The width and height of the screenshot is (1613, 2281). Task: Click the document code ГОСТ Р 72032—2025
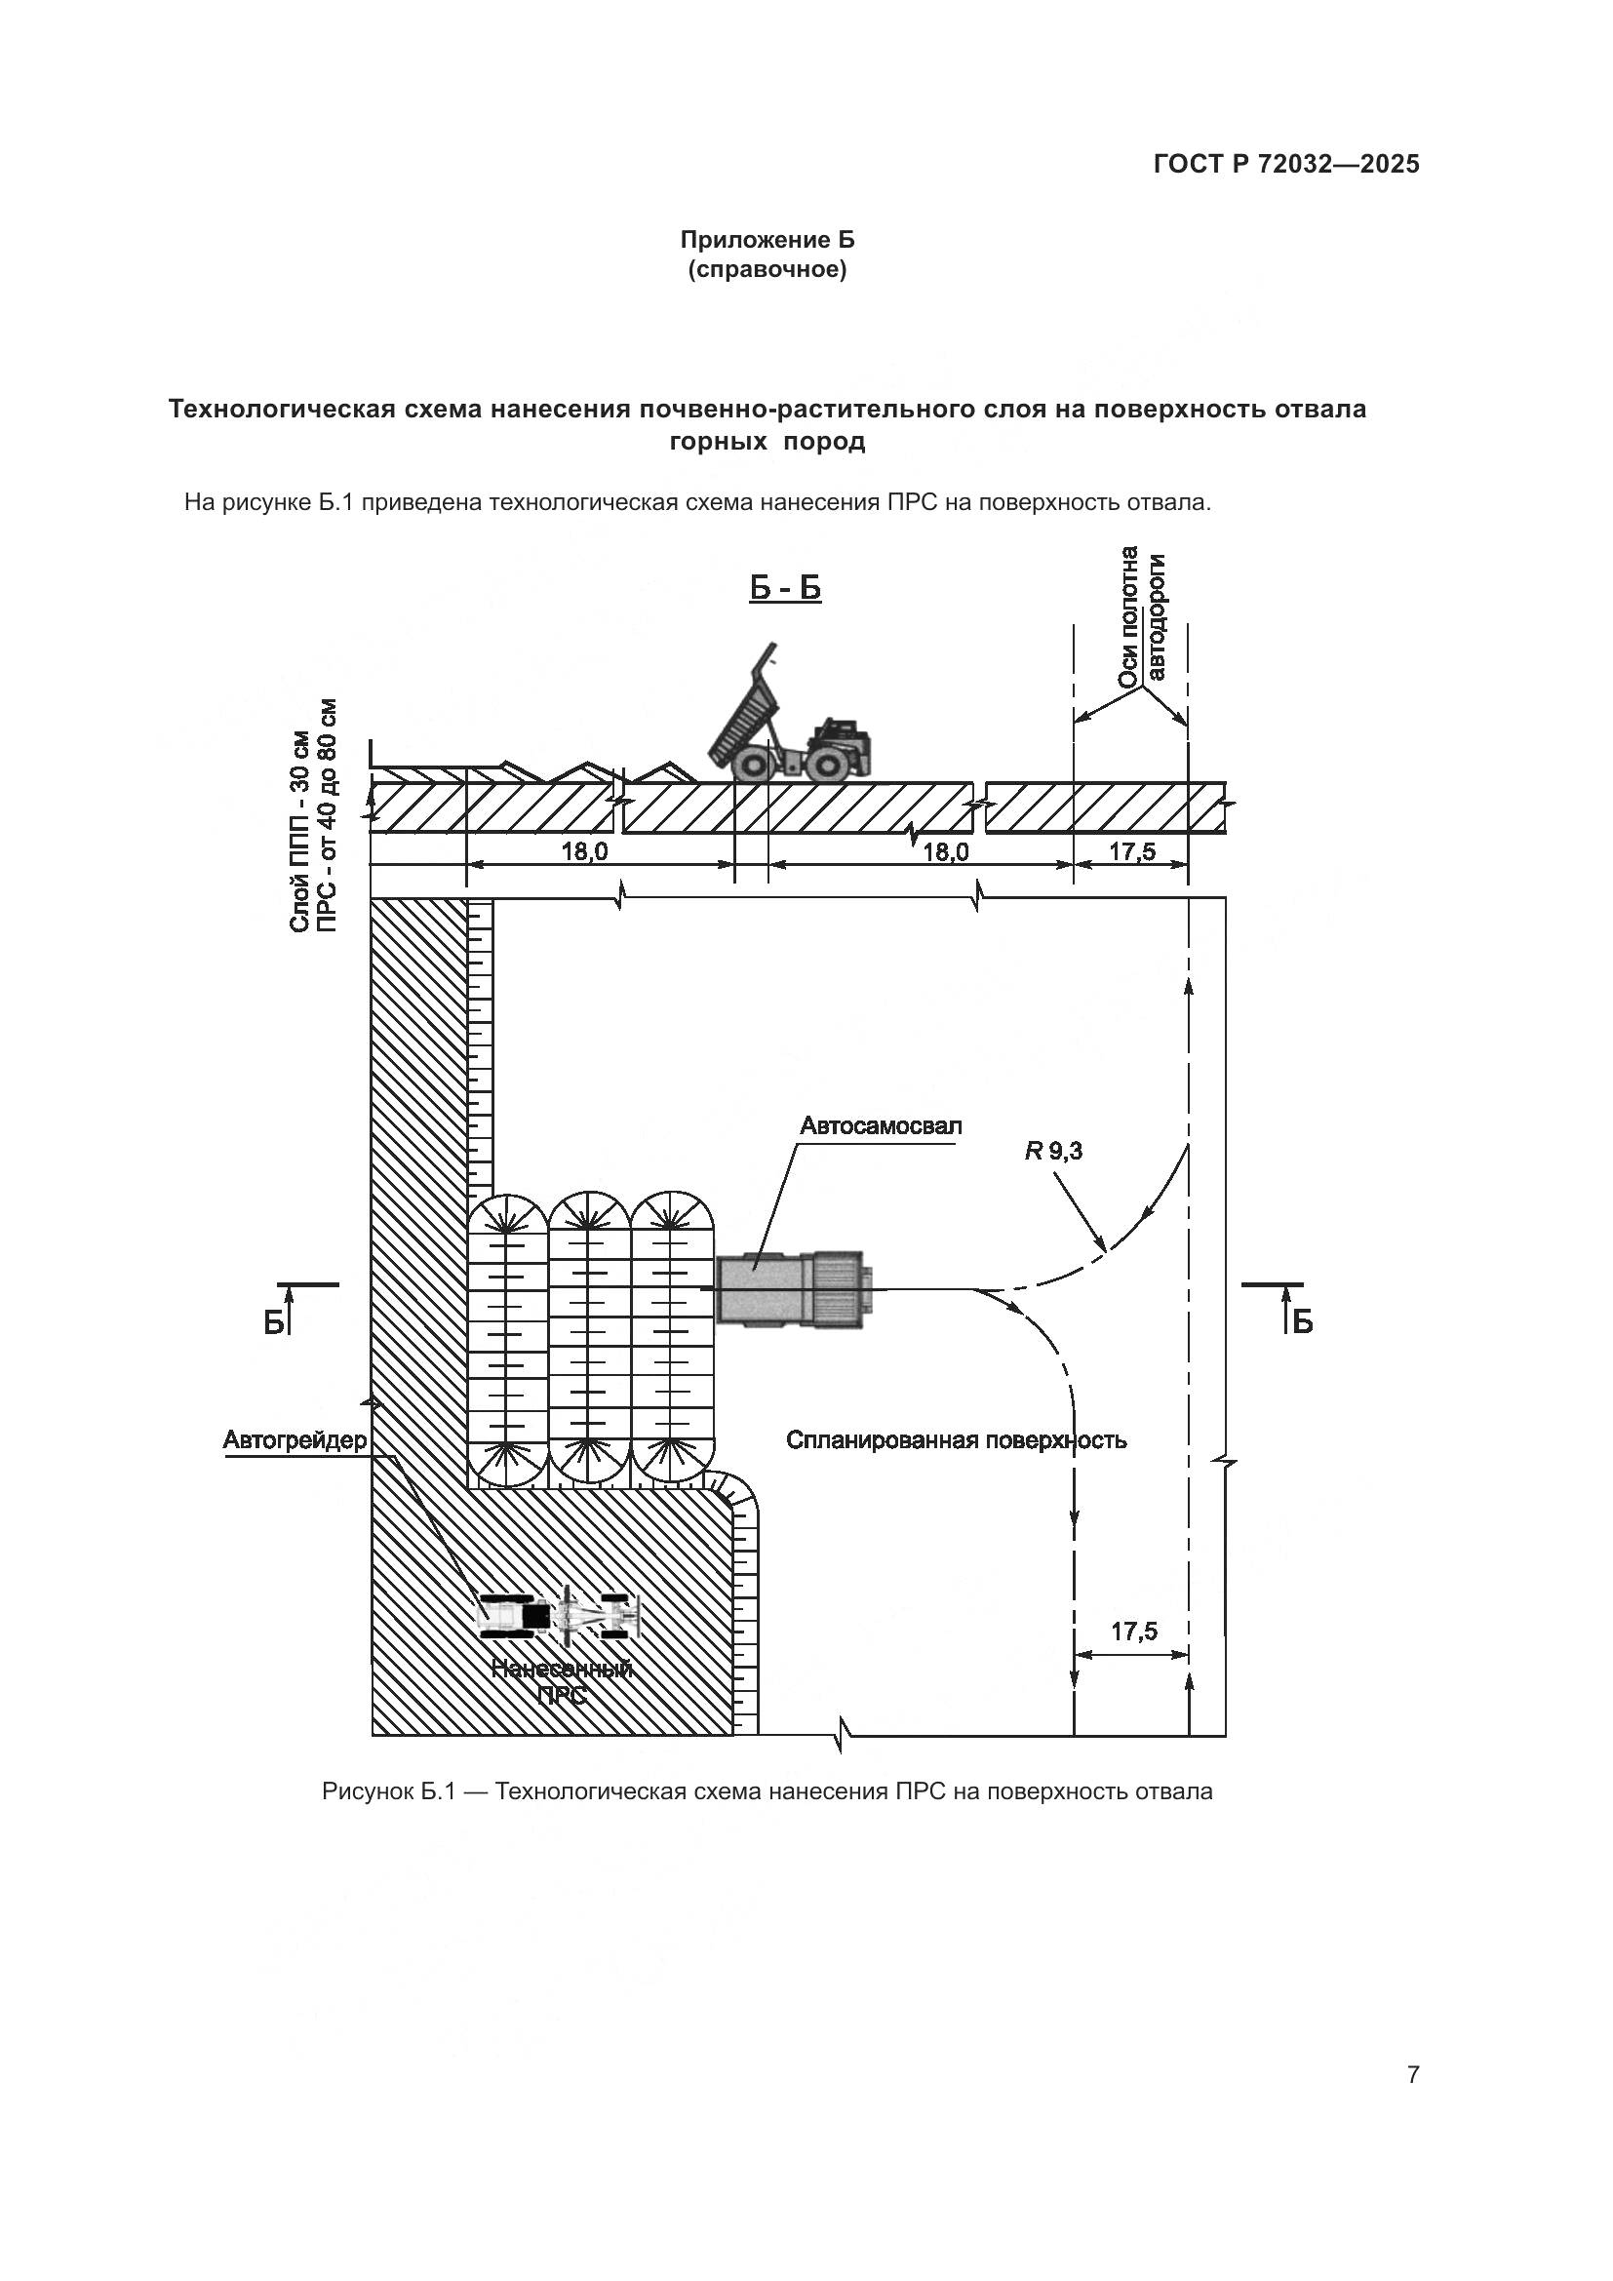[x=1286, y=165]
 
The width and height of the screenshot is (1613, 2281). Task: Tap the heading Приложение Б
[x=767, y=241]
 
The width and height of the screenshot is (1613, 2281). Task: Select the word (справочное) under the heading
[x=767, y=270]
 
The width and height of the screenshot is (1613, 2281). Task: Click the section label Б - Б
[x=785, y=589]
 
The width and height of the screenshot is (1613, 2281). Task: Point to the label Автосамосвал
[x=881, y=1126]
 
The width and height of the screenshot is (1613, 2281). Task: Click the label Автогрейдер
[x=295, y=1440]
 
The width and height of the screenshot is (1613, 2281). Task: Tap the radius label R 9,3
[x=1054, y=1153]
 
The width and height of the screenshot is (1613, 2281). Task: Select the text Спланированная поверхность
[x=956, y=1440]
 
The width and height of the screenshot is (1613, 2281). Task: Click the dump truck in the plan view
[x=794, y=1289]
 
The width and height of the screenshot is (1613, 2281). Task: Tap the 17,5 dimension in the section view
[x=1132, y=851]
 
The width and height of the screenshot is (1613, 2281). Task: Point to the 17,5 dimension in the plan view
[x=1133, y=1632]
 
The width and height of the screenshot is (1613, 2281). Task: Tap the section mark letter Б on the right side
[x=1302, y=1321]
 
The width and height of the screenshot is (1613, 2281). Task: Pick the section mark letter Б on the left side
[x=273, y=1321]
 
